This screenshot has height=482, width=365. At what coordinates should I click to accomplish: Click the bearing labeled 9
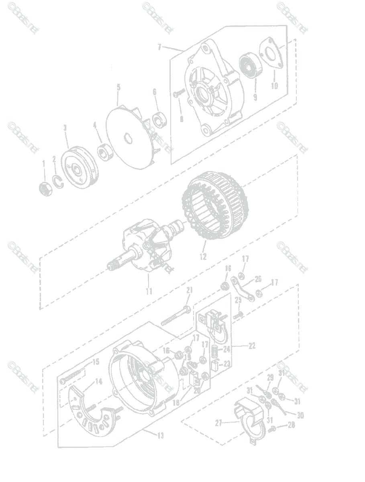coord(250,66)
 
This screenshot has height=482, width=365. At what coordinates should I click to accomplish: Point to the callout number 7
coord(159,47)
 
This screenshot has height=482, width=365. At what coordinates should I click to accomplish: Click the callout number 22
coord(252,345)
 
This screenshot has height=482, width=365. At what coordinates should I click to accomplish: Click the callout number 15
coord(96,362)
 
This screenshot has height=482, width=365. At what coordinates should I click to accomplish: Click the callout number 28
coord(292,424)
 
